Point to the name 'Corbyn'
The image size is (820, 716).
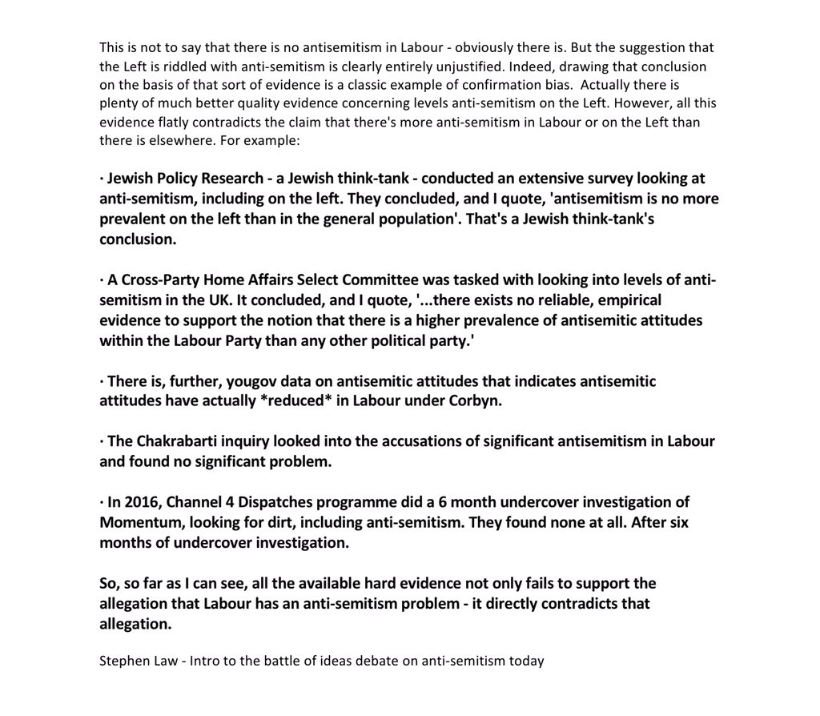[x=477, y=401]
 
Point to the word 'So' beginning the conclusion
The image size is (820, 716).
[x=108, y=584]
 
